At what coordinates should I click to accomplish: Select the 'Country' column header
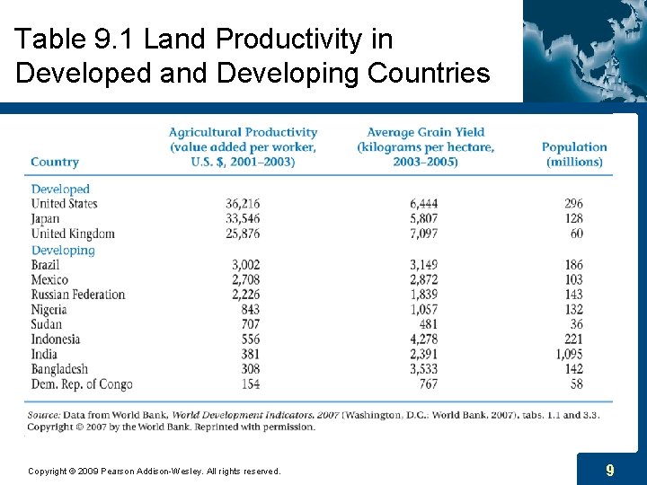(x=55, y=162)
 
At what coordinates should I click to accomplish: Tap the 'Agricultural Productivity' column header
(x=243, y=147)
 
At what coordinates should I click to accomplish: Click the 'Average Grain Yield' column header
(x=425, y=147)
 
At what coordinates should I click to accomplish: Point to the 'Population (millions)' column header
(x=574, y=154)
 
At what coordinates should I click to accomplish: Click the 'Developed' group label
(x=60, y=190)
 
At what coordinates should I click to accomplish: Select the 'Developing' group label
(x=63, y=251)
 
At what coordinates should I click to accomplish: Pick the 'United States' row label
(x=64, y=204)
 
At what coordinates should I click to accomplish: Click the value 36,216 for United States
(x=243, y=204)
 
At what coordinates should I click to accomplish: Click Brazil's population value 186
(x=573, y=265)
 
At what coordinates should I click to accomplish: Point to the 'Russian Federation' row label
(x=78, y=295)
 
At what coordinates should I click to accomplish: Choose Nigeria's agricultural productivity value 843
(x=249, y=310)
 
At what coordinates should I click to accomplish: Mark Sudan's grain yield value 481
(x=427, y=324)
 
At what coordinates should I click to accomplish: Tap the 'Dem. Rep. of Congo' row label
(x=82, y=384)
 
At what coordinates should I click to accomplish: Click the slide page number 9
(x=610, y=470)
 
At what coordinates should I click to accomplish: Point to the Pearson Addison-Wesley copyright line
(x=155, y=471)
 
